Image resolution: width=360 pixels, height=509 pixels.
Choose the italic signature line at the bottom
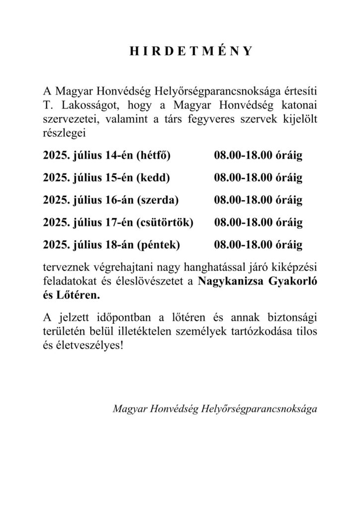click(x=214, y=410)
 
